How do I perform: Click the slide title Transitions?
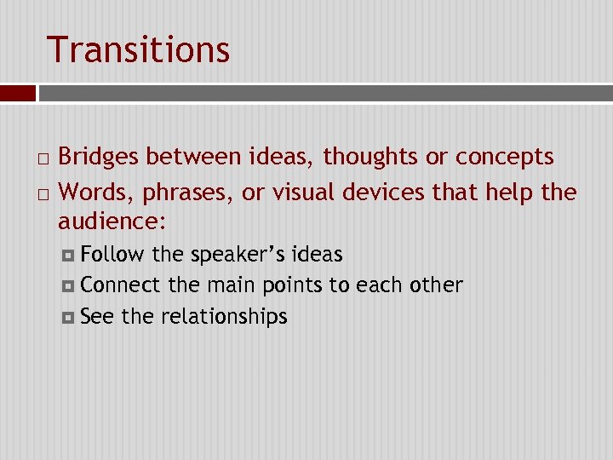pyautogui.click(x=138, y=49)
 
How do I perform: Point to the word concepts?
pyautogui.click(x=505, y=158)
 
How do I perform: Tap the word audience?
pyautogui.click(x=110, y=222)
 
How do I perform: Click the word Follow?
pyautogui.click(x=112, y=255)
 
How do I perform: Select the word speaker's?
pyautogui.click(x=238, y=255)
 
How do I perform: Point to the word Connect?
pyautogui.click(x=120, y=285)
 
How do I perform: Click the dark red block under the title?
pyautogui.click(x=18, y=92)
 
